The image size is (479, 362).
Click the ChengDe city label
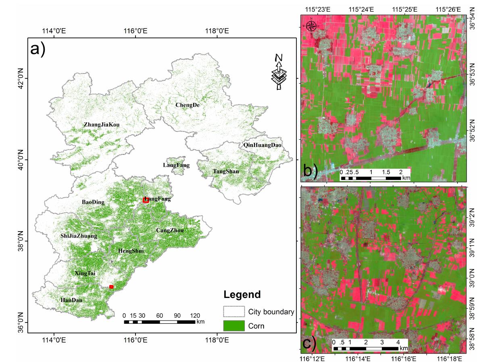[x=187, y=105]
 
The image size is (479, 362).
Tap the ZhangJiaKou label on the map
[x=102, y=125]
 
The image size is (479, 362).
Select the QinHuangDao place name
[x=262, y=145]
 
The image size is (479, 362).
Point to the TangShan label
[x=226, y=172]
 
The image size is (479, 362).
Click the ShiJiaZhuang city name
[x=79, y=236]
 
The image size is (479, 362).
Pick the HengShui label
[x=131, y=251]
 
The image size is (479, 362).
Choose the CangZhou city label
[x=170, y=230]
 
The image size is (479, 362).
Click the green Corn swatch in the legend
[x=234, y=326]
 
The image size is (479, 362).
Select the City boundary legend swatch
[x=234, y=312]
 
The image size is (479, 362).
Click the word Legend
[x=242, y=294]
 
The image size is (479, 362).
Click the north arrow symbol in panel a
[x=278, y=72]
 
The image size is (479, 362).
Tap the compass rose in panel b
[x=311, y=26]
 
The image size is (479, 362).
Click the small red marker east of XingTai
[x=111, y=287]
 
